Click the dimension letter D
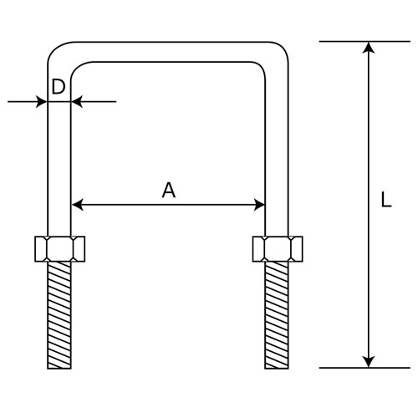(x=59, y=87)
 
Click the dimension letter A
(x=169, y=190)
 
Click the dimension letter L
(x=386, y=200)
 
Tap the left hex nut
(x=60, y=249)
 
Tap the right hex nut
(x=278, y=249)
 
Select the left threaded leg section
(x=59, y=315)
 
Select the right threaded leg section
(x=277, y=315)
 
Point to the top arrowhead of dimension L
(x=369, y=48)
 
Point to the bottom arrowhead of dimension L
(x=369, y=362)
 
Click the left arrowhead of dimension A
(x=78, y=205)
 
